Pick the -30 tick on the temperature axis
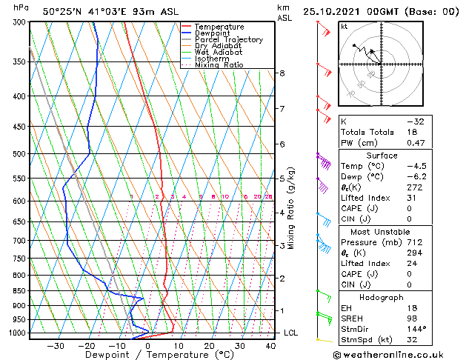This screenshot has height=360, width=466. pyautogui.click(x=56, y=345)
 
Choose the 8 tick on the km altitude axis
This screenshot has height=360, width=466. pyautogui.click(x=282, y=73)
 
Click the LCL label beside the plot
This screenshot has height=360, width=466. pyautogui.click(x=291, y=333)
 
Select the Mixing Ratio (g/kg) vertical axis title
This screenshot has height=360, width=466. pyautogui.click(x=293, y=208)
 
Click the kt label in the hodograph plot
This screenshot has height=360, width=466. pyautogui.click(x=344, y=27)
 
